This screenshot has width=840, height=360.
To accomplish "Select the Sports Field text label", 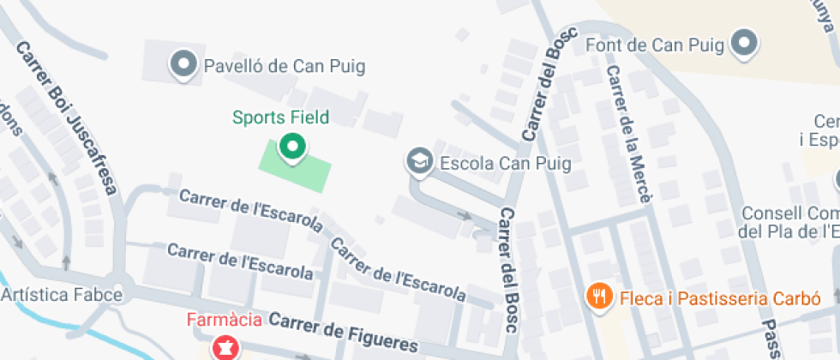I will pyautogui.click(x=280, y=117).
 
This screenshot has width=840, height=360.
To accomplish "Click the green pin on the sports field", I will pyautogui.click(x=293, y=147).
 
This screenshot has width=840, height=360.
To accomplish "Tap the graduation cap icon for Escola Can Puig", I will pyautogui.click(x=419, y=160).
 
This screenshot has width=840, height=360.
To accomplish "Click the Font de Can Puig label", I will pyautogui.click(x=654, y=44).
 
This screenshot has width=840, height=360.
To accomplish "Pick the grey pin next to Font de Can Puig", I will pyautogui.click(x=743, y=42).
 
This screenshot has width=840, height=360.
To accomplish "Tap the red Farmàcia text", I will pyautogui.click(x=224, y=321).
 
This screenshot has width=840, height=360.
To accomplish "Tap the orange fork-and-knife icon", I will pyautogui.click(x=598, y=297).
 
